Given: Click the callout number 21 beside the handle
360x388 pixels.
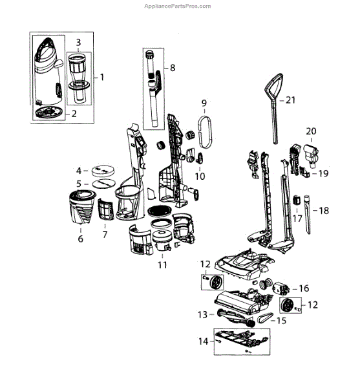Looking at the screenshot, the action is [x=291, y=100].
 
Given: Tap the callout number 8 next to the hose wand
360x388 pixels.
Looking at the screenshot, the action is [x=173, y=68].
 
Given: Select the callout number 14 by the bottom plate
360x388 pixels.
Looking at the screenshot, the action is [x=204, y=341].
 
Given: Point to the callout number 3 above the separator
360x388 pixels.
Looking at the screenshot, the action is [x=78, y=42].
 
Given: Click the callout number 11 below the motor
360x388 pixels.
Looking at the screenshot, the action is [x=162, y=265].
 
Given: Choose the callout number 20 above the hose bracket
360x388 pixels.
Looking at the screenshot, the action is [x=311, y=131].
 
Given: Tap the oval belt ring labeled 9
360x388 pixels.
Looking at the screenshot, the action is [x=205, y=132].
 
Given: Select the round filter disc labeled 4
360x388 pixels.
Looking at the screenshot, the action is [x=103, y=171].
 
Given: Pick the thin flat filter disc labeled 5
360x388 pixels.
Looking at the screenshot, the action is [x=103, y=184].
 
